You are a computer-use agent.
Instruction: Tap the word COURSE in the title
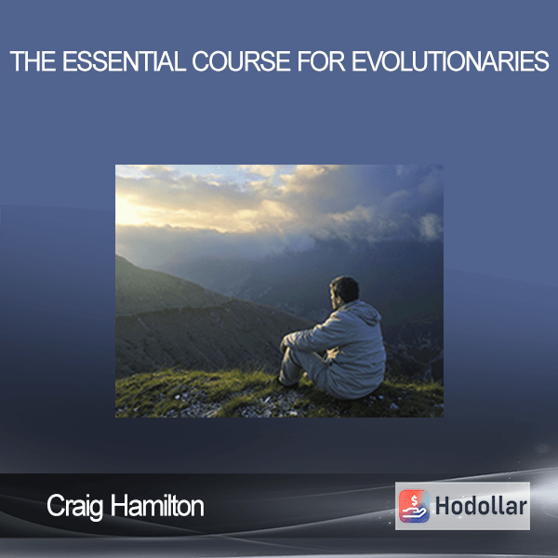click(241, 61)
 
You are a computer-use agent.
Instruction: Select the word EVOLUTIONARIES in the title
click(450, 61)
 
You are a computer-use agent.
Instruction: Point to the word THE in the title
click(33, 61)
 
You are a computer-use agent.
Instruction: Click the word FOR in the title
click(321, 61)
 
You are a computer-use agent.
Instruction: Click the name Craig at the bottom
click(75, 507)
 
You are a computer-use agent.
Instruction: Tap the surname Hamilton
click(157, 506)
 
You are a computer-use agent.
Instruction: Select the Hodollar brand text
click(481, 506)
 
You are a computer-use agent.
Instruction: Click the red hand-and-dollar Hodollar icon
click(414, 506)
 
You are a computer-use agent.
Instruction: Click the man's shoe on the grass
click(286, 383)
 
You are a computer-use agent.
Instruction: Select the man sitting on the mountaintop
click(333, 339)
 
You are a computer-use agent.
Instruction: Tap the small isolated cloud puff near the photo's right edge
click(431, 226)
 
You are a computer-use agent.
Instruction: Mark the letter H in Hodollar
click(442, 506)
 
